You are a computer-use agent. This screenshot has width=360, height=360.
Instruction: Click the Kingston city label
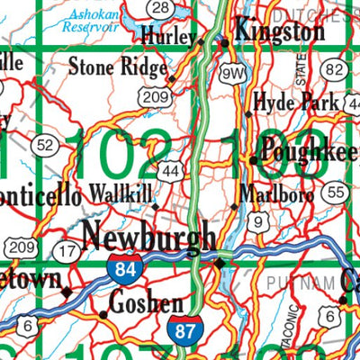point(280,32)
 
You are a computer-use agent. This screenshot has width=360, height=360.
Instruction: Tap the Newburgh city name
point(148,236)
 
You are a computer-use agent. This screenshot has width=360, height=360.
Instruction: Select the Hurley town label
point(168,37)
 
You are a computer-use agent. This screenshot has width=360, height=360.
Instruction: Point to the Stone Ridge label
point(119,67)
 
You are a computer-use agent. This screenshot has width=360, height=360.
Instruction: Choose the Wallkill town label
point(120,194)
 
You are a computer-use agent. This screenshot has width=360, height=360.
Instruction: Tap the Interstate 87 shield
point(184,328)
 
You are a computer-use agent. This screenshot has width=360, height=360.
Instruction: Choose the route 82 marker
point(335,70)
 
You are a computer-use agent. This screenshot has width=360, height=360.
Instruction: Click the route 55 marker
point(337,192)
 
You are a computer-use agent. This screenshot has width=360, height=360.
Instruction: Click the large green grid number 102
point(122,153)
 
